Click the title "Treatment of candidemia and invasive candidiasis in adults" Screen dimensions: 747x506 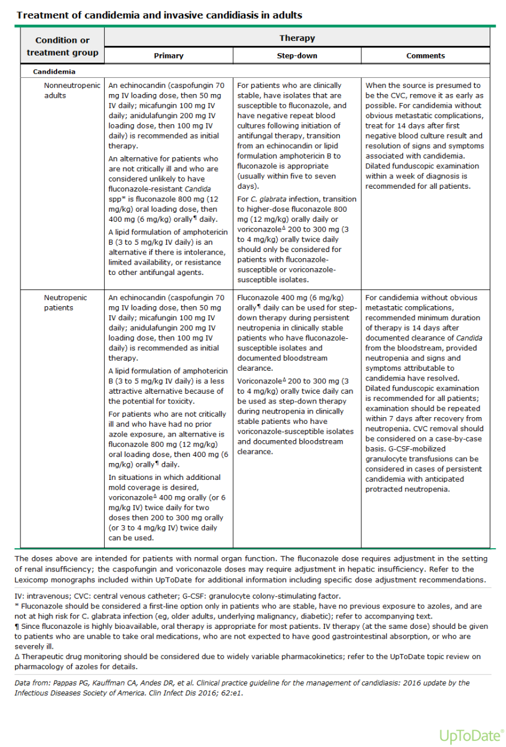click(x=159, y=14)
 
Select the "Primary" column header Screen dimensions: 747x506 click(x=169, y=55)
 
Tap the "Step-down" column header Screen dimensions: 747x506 click(x=297, y=55)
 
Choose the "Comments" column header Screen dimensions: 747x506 click(x=425, y=55)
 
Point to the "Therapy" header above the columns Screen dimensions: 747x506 click(x=297, y=38)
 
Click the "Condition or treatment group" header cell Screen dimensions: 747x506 click(x=63, y=46)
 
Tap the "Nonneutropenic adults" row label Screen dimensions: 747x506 click(x=72, y=90)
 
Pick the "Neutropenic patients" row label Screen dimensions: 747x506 click(x=65, y=303)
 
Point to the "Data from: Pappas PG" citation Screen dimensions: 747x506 click(x=242, y=687)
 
